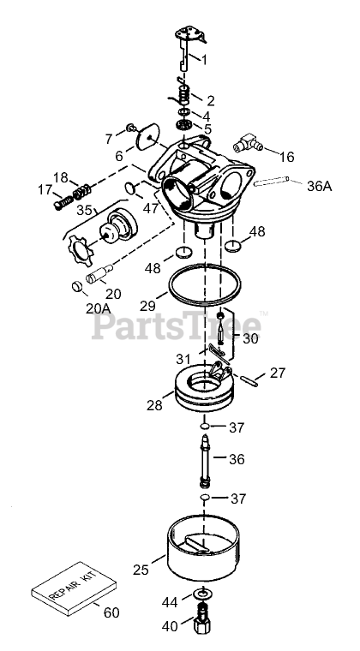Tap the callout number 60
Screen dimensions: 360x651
click(x=111, y=612)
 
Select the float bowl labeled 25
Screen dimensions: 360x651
click(x=203, y=549)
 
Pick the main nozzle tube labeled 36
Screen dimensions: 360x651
click(x=205, y=461)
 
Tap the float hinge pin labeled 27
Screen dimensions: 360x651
click(x=249, y=380)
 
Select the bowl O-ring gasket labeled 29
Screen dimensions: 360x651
click(x=205, y=284)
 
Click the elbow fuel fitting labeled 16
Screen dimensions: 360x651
click(x=248, y=143)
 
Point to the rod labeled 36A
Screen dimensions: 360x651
click(x=271, y=182)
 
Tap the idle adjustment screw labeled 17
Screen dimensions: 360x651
click(x=63, y=202)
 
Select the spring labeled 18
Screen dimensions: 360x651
click(x=81, y=191)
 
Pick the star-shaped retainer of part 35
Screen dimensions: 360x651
click(x=79, y=250)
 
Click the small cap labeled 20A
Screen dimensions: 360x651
click(x=77, y=286)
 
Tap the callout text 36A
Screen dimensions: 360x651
click(x=320, y=186)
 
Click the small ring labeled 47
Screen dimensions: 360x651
click(x=130, y=188)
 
